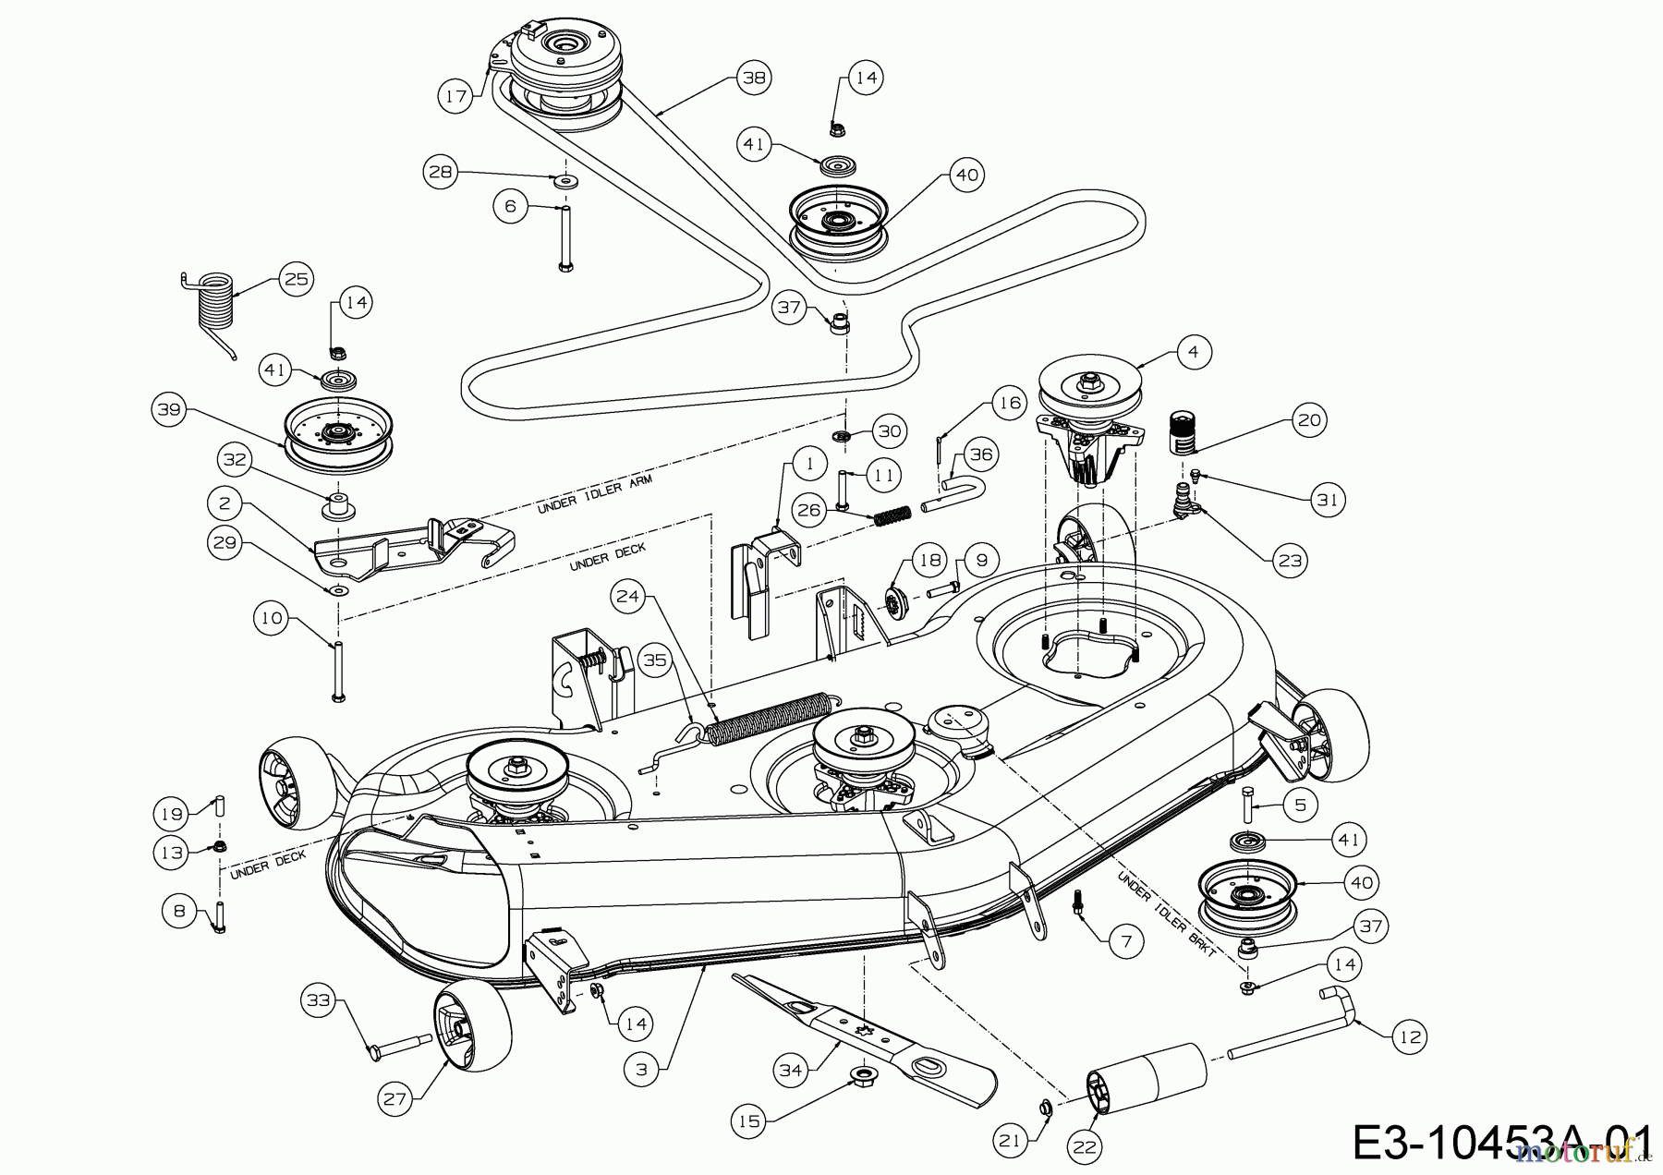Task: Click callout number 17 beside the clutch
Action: [455, 95]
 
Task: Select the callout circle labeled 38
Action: [755, 78]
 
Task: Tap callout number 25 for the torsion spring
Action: [296, 279]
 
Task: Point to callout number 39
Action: [170, 409]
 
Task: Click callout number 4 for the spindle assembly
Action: [1194, 352]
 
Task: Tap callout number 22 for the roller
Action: [1085, 1146]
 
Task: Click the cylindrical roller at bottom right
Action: [1150, 1078]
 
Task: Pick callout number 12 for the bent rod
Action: [1408, 1037]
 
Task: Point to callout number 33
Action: [319, 999]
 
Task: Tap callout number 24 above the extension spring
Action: [627, 597]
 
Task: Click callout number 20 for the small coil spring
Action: [1309, 420]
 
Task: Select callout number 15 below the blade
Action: [748, 1121]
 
